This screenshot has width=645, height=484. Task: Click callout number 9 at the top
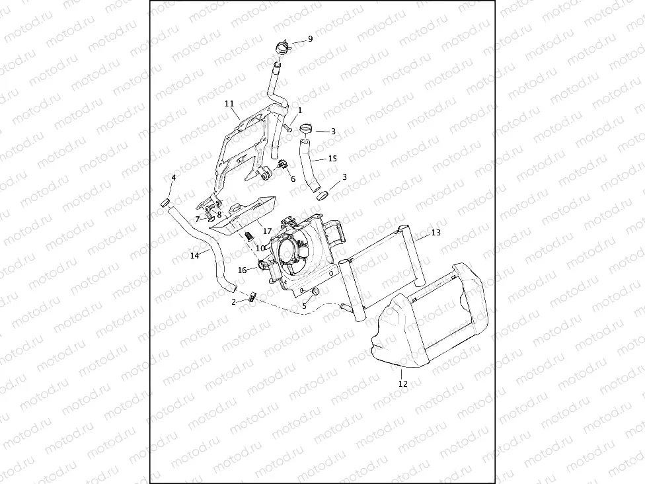(x=311, y=39)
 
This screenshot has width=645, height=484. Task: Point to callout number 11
(x=229, y=104)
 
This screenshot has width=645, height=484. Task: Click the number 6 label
(x=293, y=179)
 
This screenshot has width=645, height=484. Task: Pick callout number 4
(x=174, y=178)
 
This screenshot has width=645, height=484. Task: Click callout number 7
(x=198, y=219)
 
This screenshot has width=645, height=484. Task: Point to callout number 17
(x=268, y=231)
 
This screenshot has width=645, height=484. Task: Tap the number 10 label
(x=261, y=248)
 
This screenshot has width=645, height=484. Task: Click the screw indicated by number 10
(x=250, y=236)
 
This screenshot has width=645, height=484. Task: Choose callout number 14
(x=194, y=255)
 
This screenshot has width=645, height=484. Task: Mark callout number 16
(x=243, y=270)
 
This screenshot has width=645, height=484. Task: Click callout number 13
(x=436, y=233)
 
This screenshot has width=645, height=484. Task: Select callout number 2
(x=233, y=302)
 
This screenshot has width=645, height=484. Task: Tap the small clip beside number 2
(x=252, y=296)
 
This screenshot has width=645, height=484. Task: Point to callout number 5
(x=305, y=306)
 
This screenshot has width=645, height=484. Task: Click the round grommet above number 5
(x=315, y=292)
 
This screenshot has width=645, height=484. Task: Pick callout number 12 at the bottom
(x=403, y=383)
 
